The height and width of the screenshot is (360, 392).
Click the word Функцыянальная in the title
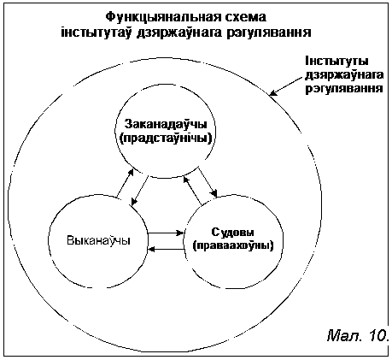click(x=162, y=17)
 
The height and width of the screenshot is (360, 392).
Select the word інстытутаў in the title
click(x=96, y=32)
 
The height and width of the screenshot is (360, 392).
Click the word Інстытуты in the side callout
click(x=336, y=62)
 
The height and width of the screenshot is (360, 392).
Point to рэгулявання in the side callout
click(x=344, y=89)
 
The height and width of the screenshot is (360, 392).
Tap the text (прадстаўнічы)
click(x=167, y=139)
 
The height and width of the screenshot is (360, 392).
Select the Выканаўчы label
click(x=98, y=240)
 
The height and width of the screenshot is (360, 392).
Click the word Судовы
click(x=233, y=233)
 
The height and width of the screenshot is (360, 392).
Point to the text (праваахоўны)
click(x=233, y=245)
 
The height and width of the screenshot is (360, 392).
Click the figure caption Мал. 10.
click(x=358, y=335)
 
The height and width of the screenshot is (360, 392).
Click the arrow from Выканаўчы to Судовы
click(x=166, y=233)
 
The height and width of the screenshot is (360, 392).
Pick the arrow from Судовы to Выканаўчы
click(x=166, y=249)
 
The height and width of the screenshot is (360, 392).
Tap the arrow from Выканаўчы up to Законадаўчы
click(x=125, y=183)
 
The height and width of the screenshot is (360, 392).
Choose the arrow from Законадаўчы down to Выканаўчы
click(x=140, y=191)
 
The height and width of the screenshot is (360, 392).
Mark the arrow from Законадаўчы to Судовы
click(x=208, y=181)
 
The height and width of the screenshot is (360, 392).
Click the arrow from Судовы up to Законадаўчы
click(x=192, y=191)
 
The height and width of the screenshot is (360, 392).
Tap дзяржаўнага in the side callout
click(x=344, y=75)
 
